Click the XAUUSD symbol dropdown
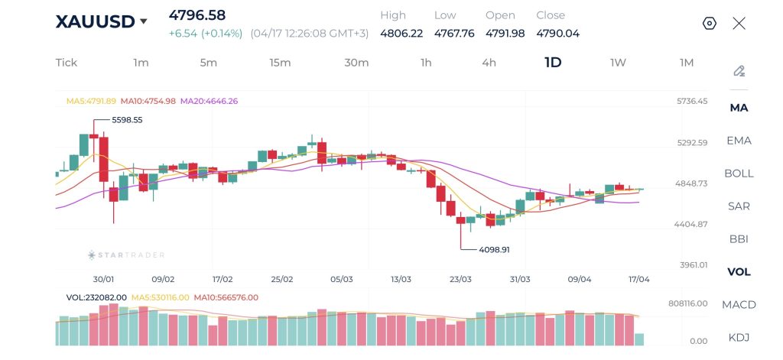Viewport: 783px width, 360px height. click(101, 21)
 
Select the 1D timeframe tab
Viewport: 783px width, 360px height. click(553, 63)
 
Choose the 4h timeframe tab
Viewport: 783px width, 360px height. click(489, 63)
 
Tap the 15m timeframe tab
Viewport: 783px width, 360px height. click(280, 63)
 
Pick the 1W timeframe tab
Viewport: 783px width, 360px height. click(618, 63)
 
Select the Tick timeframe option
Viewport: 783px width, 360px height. click(67, 63)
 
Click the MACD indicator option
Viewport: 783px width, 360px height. click(739, 305)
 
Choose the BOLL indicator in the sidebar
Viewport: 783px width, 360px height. click(739, 174)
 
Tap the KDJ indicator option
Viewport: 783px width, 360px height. click(739, 338)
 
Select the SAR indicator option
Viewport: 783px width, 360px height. click(739, 206)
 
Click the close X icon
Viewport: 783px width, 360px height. click(739, 23)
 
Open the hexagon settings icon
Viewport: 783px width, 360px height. click(710, 23)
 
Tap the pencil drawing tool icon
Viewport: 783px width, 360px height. click(739, 71)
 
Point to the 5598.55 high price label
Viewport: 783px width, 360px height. click(127, 120)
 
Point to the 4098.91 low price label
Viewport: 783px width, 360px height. click(494, 249)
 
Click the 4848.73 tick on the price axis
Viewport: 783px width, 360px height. click(692, 183)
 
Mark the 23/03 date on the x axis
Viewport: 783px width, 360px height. click(460, 280)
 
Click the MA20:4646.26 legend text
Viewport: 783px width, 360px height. click(209, 101)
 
